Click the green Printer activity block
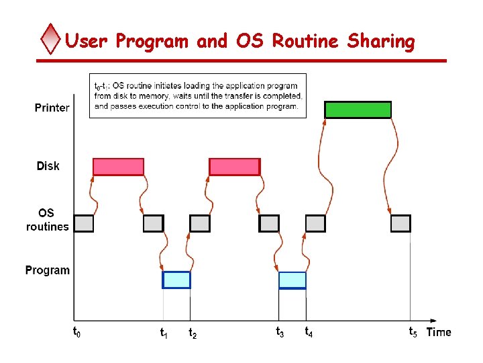358,110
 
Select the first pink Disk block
118,167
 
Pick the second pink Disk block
234,167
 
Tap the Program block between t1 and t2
176,280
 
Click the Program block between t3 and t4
292,280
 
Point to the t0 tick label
76,331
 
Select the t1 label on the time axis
164,332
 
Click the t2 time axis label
193,332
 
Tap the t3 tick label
280,331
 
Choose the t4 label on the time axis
309,331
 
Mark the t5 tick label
413,331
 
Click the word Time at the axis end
439,332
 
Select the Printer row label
52,108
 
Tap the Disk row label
48,166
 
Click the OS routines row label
47,220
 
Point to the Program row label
47,270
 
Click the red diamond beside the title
51,40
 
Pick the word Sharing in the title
381,42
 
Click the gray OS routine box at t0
84,223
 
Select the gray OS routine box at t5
400,223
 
